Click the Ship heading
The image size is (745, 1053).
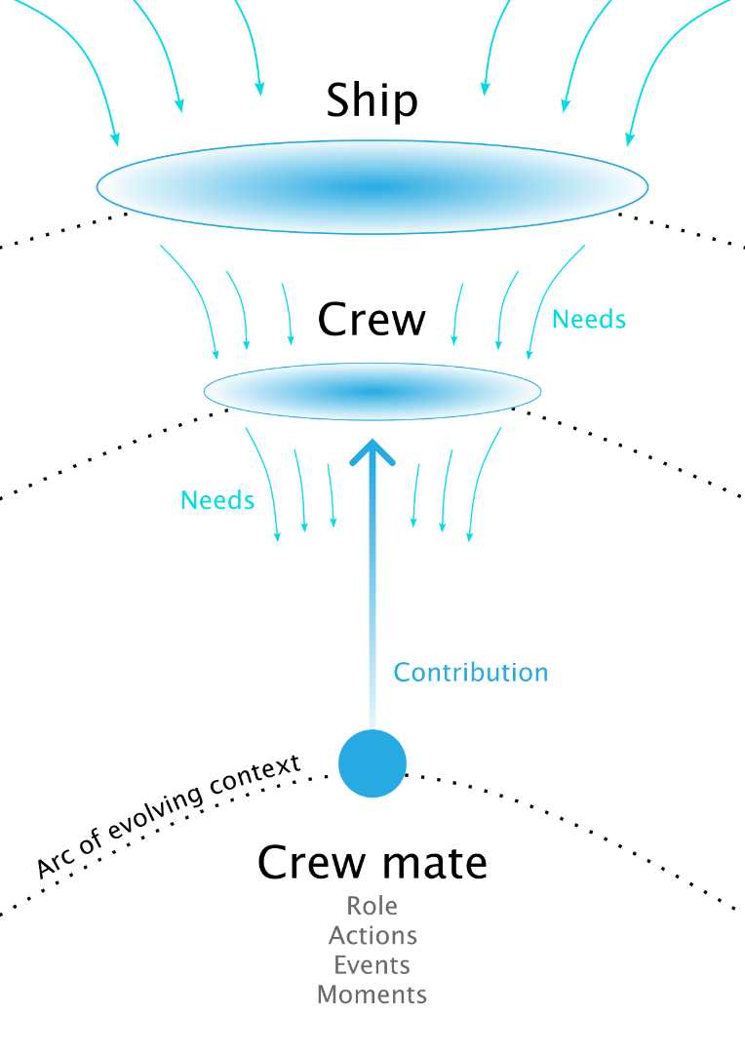[372, 101]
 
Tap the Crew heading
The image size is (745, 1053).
[372, 320]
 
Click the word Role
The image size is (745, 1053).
[372, 906]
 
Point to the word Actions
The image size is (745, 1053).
[372, 935]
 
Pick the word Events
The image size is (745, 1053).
[372, 965]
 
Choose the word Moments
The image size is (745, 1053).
[372, 994]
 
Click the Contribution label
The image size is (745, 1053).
[471, 672]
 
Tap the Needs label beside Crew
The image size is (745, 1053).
[589, 320]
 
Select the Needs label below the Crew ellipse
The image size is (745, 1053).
[217, 500]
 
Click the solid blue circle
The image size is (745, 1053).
[372, 762]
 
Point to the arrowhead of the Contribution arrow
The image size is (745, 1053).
[372, 440]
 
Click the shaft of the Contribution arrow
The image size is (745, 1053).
[372, 591]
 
